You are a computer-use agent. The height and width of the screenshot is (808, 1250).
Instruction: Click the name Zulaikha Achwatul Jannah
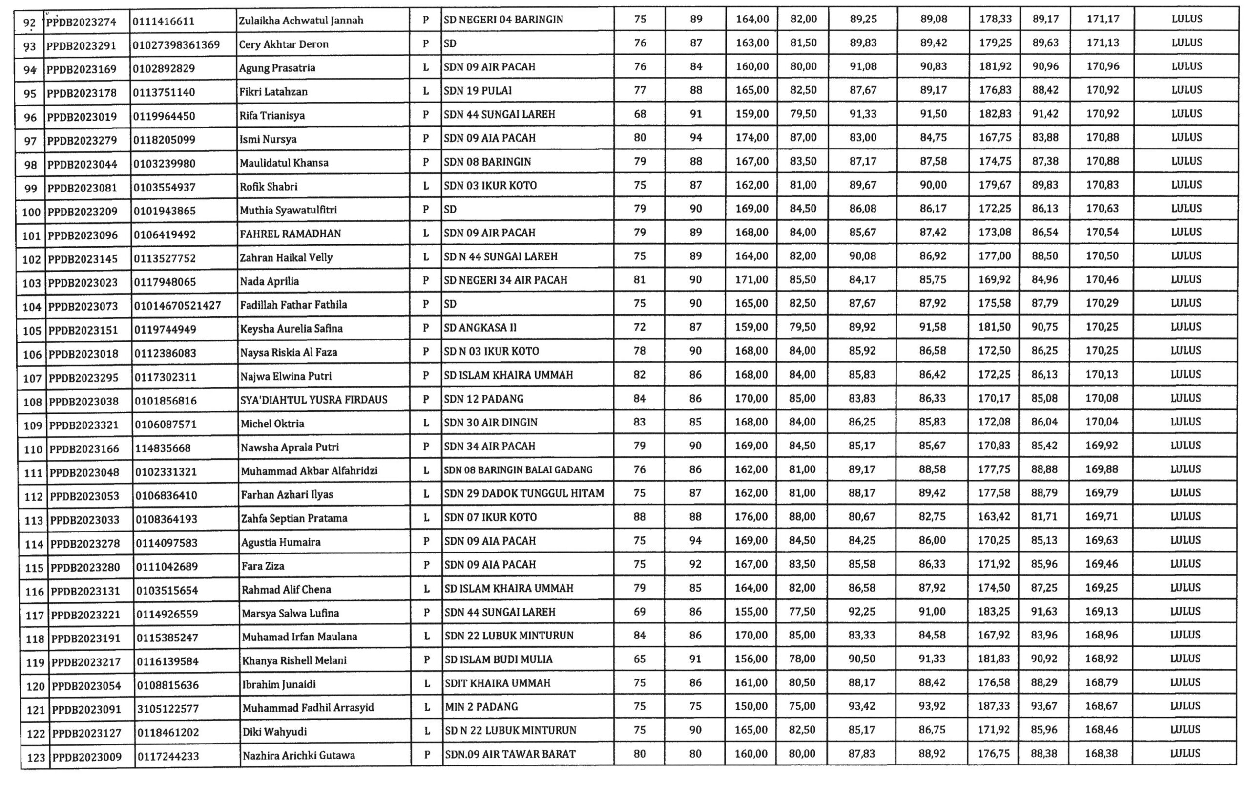[301, 21]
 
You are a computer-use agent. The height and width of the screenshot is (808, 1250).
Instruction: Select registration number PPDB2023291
[81, 45]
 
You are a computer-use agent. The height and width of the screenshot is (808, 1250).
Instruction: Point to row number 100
[31, 212]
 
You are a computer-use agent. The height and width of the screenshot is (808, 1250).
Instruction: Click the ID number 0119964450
[164, 116]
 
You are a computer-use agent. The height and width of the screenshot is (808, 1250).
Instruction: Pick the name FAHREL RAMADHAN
[290, 234]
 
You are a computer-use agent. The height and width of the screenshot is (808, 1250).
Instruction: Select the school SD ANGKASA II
[480, 328]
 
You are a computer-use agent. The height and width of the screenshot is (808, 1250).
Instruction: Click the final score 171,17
[1103, 20]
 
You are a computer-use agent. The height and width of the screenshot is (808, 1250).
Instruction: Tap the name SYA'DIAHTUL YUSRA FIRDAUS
[313, 400]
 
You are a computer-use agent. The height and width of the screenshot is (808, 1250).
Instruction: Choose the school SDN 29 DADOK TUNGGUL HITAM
[524, 494]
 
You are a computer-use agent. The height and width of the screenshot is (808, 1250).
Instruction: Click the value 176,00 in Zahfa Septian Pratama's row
[751, 517]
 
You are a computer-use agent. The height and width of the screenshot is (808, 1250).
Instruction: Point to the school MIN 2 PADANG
[481, 707]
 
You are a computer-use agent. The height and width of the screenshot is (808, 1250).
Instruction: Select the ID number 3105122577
[168, 709]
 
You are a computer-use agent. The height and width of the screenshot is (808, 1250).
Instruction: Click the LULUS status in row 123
[1185, 754]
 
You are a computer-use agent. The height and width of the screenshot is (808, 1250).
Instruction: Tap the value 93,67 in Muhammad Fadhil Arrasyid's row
[1044, 707]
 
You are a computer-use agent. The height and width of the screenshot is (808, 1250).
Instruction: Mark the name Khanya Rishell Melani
[294, 660]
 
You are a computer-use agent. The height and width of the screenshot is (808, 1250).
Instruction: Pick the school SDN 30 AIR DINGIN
[490, 423]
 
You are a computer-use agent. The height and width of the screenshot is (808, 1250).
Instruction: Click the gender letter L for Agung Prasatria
[426, 67]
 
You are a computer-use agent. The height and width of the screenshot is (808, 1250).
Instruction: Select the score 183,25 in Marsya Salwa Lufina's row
[994, 612]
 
